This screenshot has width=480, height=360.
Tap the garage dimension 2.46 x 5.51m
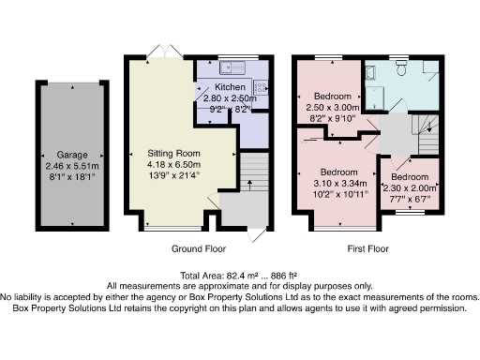pos(71,167)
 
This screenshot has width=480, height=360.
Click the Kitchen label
pos(230,86)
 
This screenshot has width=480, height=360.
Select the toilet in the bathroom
pos(400,67)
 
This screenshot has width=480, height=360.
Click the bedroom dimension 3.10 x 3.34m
pos(338,185)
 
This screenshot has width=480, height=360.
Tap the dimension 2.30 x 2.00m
pos(410,187)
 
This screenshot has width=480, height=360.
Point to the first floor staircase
pos(427,131)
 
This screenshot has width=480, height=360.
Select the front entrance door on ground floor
pos(254,234)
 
